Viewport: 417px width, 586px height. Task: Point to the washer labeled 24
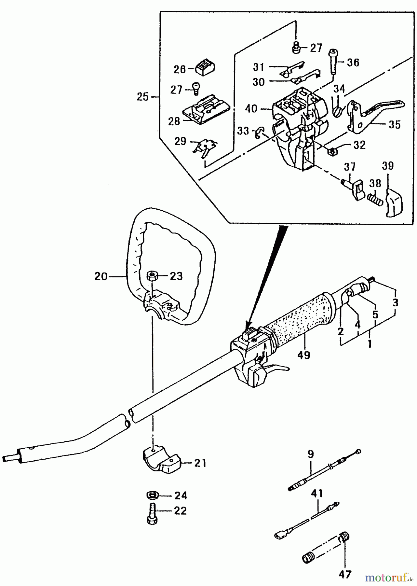(x=152, y=495)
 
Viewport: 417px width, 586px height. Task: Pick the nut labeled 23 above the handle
(x=152, y=276)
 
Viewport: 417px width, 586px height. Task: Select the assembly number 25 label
(x=143, y=97)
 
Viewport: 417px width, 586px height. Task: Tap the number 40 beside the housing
(x=251, y=108)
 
